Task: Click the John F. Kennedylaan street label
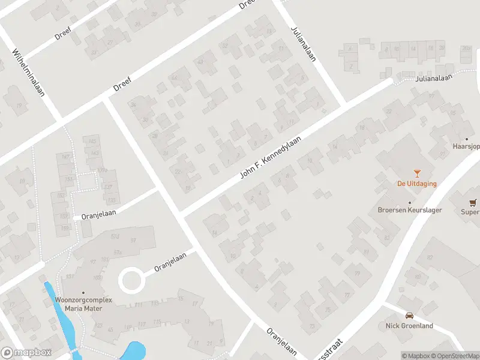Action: coord(270,156)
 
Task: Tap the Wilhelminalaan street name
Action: coord(29,73)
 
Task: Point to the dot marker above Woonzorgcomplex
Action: coord(83,292)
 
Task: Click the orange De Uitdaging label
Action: coord(416,184)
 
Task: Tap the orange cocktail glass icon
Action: coord(417,173)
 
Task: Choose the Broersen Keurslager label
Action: coord(410,210)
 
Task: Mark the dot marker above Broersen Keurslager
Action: coord(410,202)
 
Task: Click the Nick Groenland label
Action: coord(409,326)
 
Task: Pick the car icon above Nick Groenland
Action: coord(409,316)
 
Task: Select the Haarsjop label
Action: coord(466,146)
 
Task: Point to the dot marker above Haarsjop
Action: coord(466,139)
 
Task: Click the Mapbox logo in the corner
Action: coord(26,353)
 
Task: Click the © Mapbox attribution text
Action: coord(416,356)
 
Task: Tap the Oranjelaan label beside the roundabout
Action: coord(170,261)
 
